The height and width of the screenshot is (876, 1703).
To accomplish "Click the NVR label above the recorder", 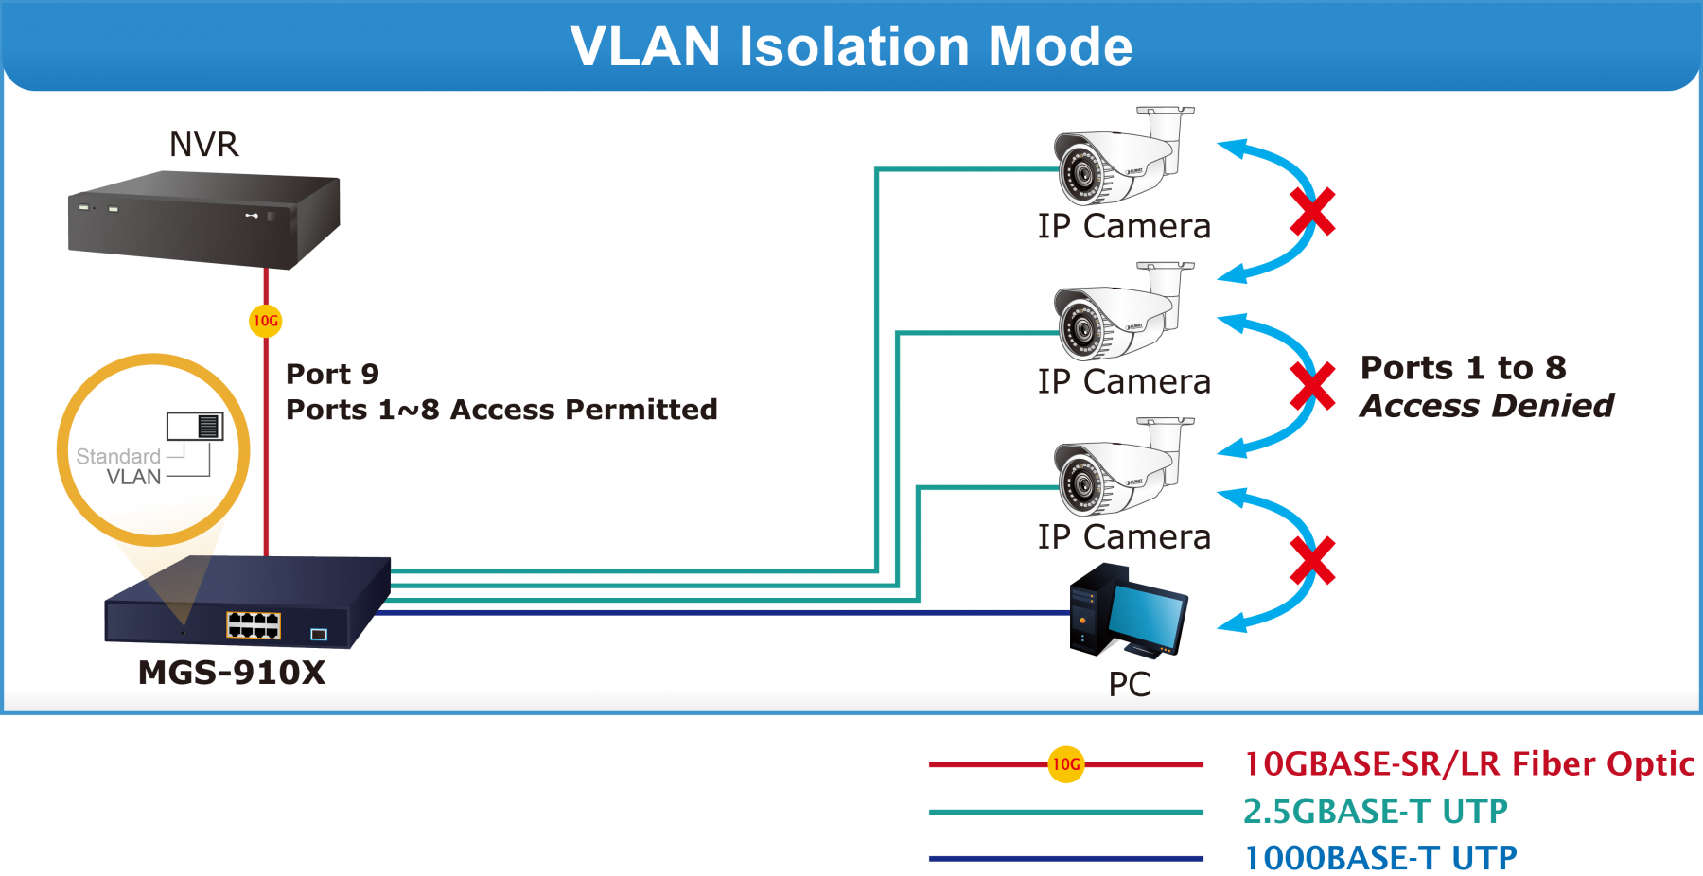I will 203,145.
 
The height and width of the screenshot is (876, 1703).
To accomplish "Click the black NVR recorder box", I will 203,219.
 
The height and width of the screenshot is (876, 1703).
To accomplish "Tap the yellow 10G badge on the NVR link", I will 266,321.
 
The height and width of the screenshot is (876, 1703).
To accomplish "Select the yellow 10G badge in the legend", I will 1066,764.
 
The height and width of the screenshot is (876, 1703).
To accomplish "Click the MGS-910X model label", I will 232,673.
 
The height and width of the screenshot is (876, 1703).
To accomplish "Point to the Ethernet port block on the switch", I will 254,624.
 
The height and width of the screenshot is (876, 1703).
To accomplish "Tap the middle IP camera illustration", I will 1121,312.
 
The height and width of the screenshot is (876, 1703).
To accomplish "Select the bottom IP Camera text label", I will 1124,537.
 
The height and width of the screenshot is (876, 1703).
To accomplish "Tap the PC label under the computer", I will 1130,684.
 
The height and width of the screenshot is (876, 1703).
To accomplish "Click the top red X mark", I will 1313,212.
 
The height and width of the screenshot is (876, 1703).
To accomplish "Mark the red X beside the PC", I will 1313,560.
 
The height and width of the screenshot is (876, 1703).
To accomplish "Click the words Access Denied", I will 1486,406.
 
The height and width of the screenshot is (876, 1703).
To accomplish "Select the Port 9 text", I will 332,374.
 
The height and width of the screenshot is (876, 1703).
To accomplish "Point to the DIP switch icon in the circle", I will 195,427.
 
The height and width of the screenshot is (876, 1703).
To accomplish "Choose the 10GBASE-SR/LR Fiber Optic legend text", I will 1468,763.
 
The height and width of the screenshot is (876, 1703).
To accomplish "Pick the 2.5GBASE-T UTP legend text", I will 1375,811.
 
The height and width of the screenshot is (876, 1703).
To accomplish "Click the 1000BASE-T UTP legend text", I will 1380,858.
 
